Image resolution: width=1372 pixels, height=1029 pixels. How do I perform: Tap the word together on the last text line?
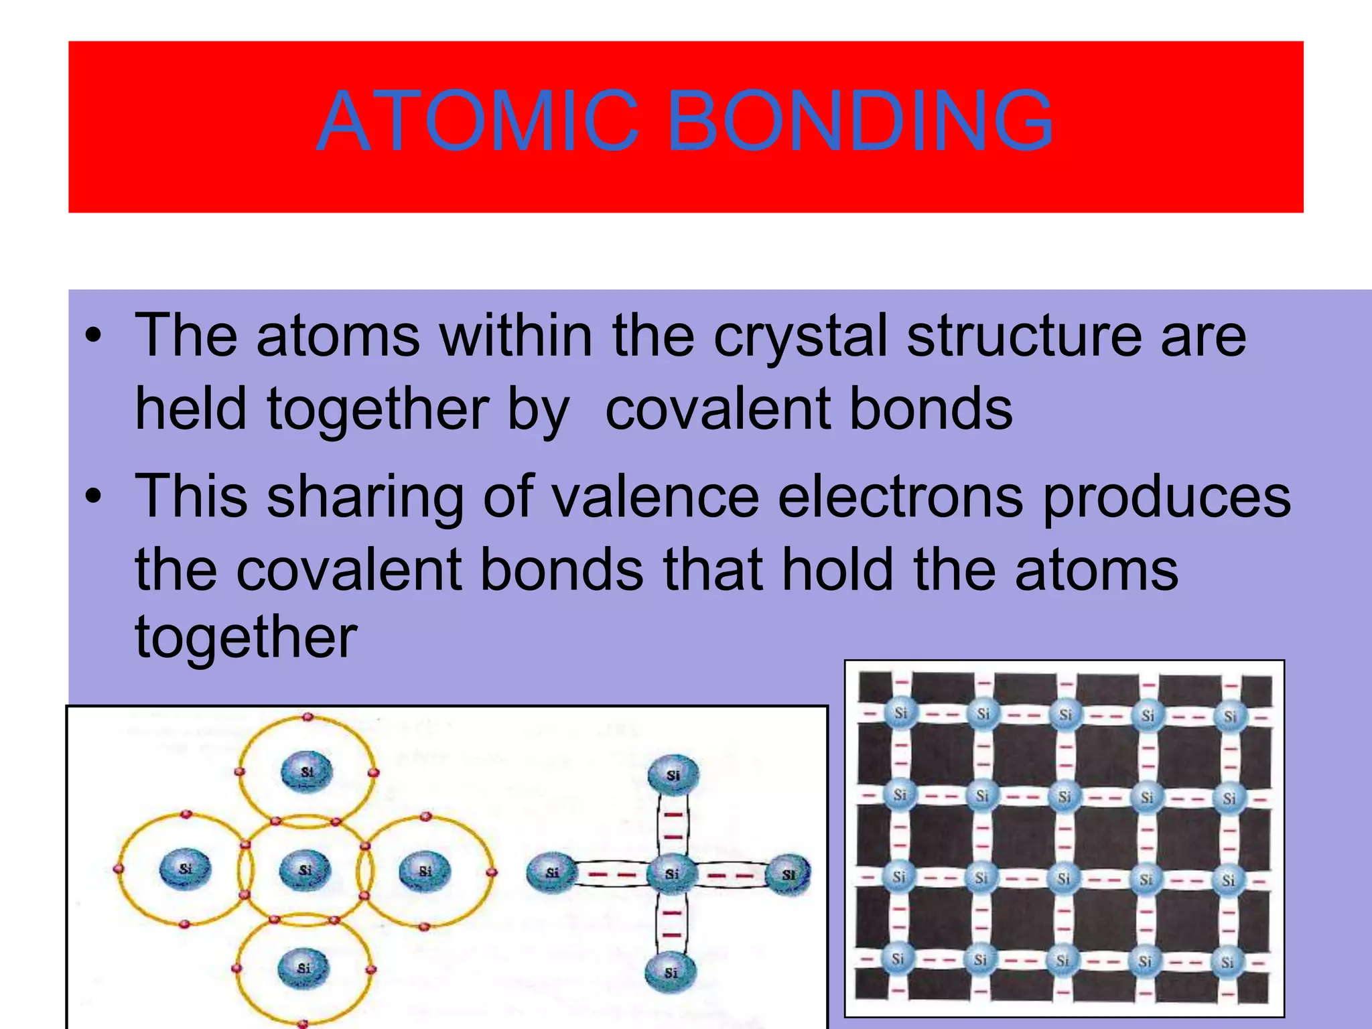click(246, 638)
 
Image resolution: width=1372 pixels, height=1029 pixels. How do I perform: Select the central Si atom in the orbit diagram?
click(305, 870)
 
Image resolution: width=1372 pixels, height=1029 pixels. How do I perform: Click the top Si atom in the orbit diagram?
click(306, 772)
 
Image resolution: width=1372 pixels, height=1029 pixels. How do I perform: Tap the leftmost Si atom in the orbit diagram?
click(186, 869)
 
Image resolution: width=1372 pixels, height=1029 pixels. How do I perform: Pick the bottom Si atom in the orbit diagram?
click(304, 968)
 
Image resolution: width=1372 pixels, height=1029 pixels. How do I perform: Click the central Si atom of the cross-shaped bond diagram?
click(672, 874)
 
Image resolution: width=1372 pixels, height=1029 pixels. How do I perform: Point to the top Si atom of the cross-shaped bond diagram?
click(673, 775)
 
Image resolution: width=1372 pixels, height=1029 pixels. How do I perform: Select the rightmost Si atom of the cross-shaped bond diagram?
click(788, 874)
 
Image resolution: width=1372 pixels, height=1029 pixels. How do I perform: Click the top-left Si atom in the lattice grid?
click(900, 713)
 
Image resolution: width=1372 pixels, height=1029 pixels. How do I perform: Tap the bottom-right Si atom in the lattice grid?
click(1227, 963)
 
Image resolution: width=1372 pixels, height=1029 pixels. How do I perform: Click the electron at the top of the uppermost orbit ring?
click(307, 717)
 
